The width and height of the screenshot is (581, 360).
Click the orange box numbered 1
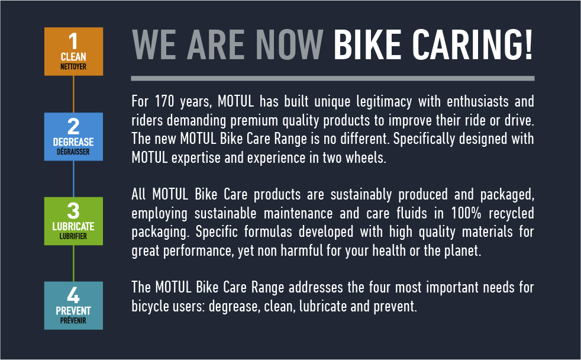click(74, 52)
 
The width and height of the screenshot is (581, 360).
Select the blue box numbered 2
click(74, 136)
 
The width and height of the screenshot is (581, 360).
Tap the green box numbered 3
click(74, 221)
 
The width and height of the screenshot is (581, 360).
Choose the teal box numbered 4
click(74, 306)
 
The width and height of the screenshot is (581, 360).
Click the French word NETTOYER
click(73, 67)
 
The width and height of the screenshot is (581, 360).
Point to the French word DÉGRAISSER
click(73, 152)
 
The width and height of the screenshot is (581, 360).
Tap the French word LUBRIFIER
click(73, 236)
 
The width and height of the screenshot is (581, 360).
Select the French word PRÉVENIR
click(73, 320)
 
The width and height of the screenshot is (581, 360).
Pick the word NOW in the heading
click(289, 45)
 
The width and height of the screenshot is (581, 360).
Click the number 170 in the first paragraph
click(164, 101)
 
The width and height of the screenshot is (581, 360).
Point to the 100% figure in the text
click(466, 213)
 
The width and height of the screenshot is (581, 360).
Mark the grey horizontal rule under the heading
click(333, 78)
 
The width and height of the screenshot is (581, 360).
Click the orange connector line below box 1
click(73, 94)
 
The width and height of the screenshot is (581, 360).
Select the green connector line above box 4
click(73, 263)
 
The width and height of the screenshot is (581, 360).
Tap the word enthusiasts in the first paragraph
click(477, 101)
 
